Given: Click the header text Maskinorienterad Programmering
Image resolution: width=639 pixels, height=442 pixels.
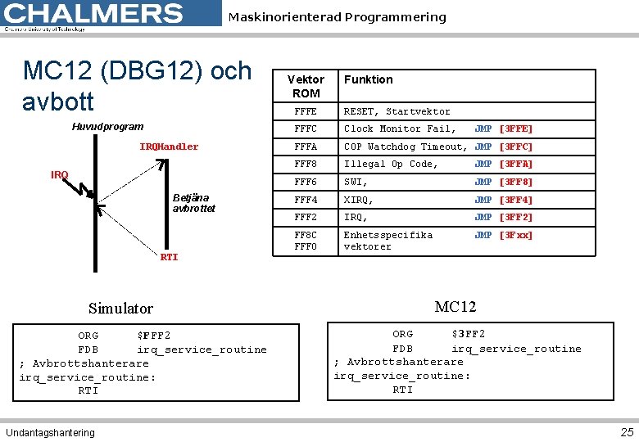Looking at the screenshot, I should coord(337,17).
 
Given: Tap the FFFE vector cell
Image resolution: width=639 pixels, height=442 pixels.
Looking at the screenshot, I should coord(306,111).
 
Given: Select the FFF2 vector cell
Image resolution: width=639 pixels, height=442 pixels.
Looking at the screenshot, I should coord(306,217).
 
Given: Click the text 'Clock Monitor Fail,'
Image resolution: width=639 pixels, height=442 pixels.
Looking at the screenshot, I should coord(400,129).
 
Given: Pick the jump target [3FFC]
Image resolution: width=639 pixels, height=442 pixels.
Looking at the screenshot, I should coord(515,147).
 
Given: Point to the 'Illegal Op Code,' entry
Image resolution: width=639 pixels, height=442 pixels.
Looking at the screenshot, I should coord(391,164).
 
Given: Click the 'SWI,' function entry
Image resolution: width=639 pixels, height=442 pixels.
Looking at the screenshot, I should coord(356,182).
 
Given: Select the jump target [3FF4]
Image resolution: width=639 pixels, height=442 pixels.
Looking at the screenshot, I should coord(515,200).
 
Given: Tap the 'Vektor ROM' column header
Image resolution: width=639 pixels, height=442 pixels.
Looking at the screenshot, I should coord(306,86).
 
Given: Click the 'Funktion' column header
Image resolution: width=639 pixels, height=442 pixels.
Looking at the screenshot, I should coord(368,79).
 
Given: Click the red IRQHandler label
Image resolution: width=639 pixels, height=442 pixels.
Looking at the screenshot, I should coord(169,147).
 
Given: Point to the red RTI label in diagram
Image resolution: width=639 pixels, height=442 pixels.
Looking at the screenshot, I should coord(169,257).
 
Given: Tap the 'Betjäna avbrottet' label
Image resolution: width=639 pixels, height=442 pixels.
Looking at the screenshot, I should coord(193,202).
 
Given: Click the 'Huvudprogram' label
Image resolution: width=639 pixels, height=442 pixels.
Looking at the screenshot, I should coord(107,127).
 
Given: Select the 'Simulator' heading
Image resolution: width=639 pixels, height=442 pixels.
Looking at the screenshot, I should coord(120,309).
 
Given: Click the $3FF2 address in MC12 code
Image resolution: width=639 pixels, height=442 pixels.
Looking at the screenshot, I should coord(469,334).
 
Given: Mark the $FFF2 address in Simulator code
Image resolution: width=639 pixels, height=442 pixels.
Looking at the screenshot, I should coord(154,336).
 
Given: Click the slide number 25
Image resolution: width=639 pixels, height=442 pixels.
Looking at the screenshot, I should coord(627,432).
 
